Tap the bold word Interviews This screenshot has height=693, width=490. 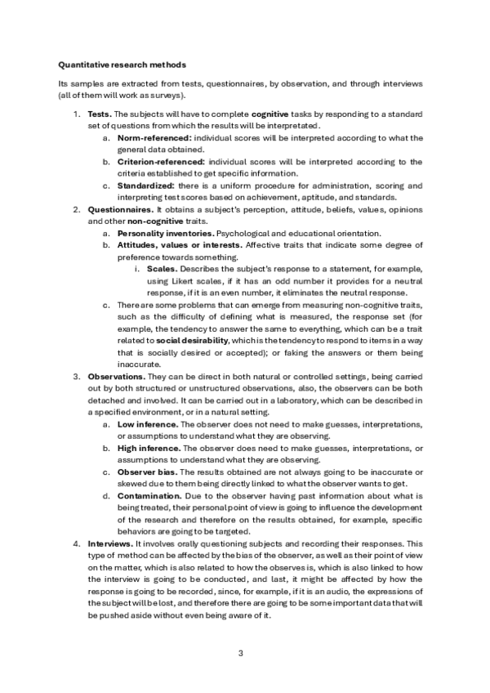(112, 543)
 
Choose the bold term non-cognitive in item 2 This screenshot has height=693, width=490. (133, 221)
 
